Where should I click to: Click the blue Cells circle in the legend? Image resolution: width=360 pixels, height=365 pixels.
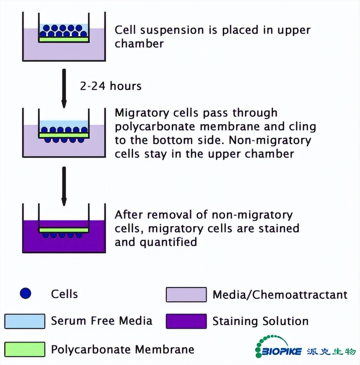click(26, 293)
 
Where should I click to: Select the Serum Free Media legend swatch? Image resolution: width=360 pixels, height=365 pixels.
click(25, 321)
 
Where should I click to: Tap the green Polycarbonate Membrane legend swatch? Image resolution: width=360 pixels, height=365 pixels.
click(25, 349)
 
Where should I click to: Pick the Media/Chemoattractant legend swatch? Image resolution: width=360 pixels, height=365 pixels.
click(186, 294)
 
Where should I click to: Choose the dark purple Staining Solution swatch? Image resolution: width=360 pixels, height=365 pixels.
click(186, 321)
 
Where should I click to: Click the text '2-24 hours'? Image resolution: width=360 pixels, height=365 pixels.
click(111, 86)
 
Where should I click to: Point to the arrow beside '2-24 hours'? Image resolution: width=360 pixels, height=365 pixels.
click(64, 87)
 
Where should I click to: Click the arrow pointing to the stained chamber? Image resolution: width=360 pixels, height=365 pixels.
click(64, 186)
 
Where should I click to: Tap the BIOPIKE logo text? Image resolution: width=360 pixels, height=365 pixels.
click(280, 351)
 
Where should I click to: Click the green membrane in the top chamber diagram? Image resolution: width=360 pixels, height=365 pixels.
click(64, 39)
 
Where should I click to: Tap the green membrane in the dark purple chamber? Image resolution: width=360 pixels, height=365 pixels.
click(64, 230)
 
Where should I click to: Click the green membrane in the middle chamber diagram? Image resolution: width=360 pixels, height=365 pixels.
click(64, 135)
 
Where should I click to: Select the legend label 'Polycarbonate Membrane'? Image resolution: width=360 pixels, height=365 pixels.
click(122, 349)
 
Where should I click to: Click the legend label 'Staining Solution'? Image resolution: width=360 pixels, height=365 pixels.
click(260, 321)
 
